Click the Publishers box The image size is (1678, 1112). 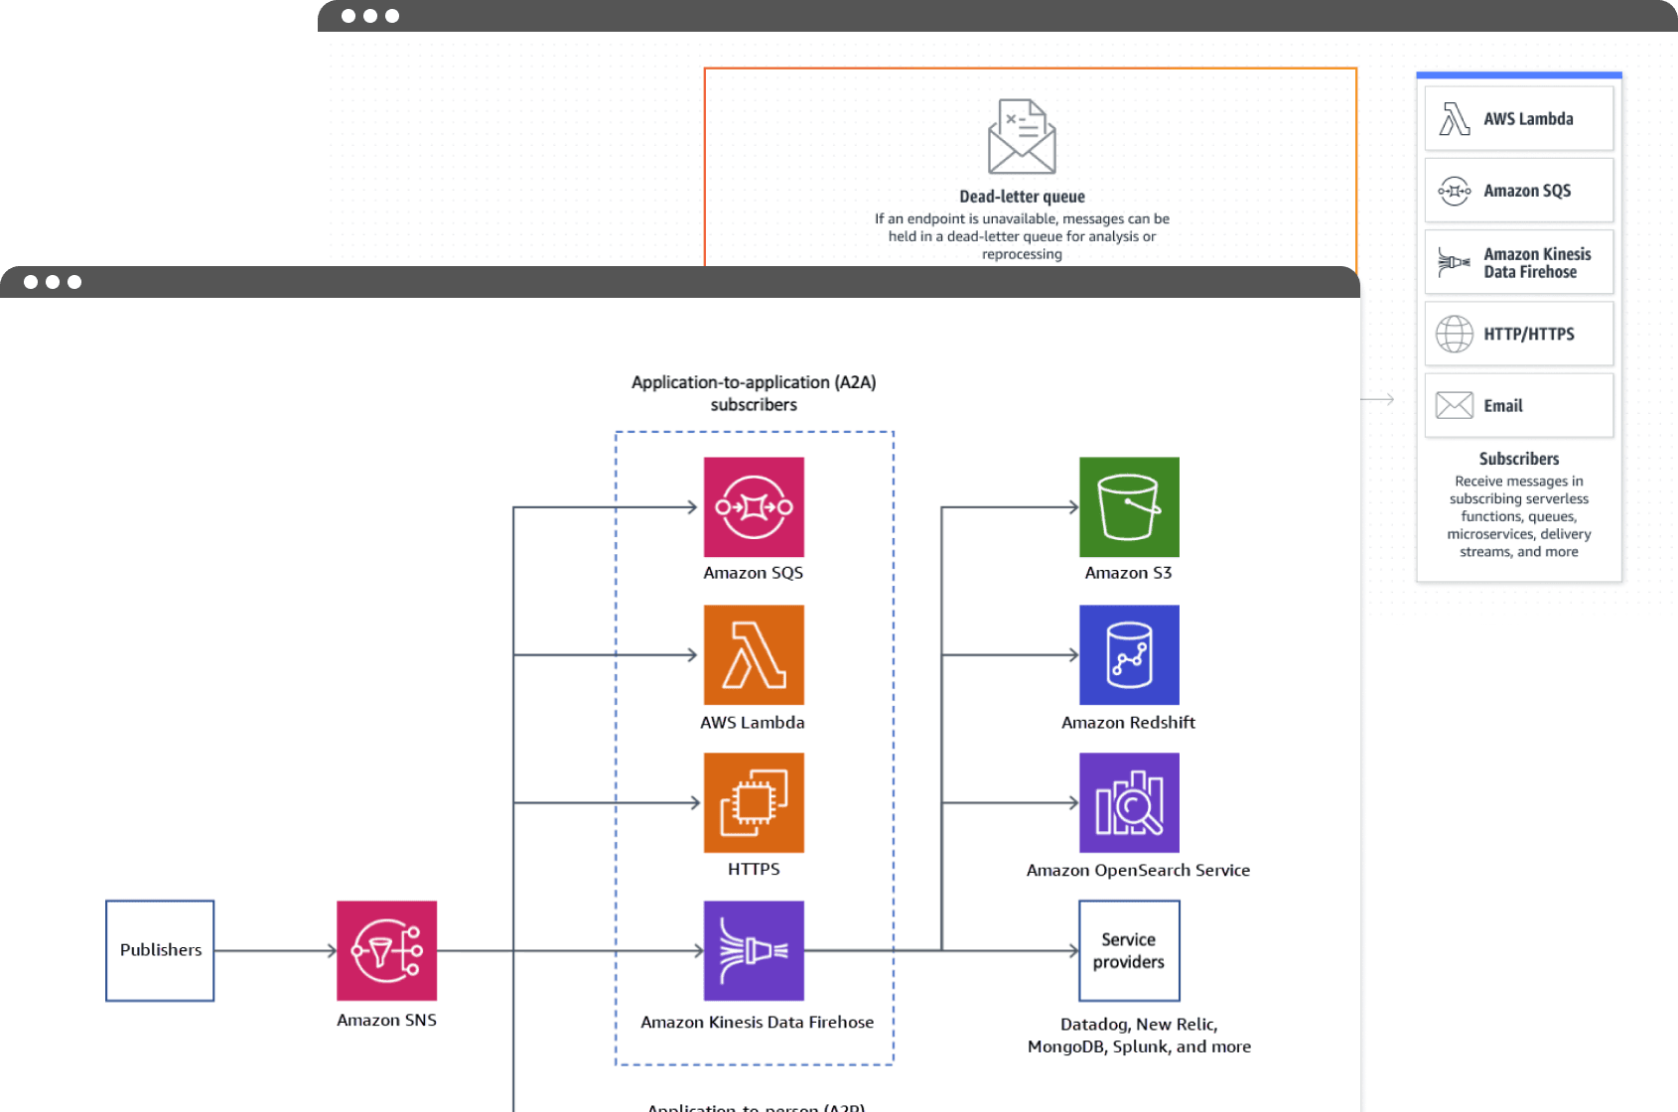coord(160,950)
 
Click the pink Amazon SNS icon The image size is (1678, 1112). coord(386,950)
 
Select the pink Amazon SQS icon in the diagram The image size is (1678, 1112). coord(754,506)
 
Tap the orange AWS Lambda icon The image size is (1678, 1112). coord(754,654)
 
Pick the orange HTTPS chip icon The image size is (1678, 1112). coord(754,802)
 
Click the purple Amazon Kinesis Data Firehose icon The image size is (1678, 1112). coord(754,950)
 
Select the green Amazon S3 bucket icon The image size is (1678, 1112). coord(1129,506)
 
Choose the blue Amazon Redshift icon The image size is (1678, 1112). coord(1129,654)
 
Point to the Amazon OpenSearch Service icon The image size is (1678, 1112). coord(1129,802)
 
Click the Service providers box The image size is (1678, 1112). coord(1129,950)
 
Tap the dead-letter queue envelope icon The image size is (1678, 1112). coord(1022,137)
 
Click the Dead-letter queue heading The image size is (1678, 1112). coord(1022,197)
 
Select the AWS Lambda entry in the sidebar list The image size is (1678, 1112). coord(1518,119)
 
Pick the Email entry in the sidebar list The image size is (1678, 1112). coord(1518,405)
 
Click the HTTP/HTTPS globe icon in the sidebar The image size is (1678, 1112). coord(1455,334)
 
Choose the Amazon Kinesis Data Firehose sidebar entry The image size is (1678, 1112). coord(1518,262)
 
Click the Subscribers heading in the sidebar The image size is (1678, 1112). coord(1518,459)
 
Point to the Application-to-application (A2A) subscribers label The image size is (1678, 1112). coord(754,393)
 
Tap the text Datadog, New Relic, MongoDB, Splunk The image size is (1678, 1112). coord(1139,1035)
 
